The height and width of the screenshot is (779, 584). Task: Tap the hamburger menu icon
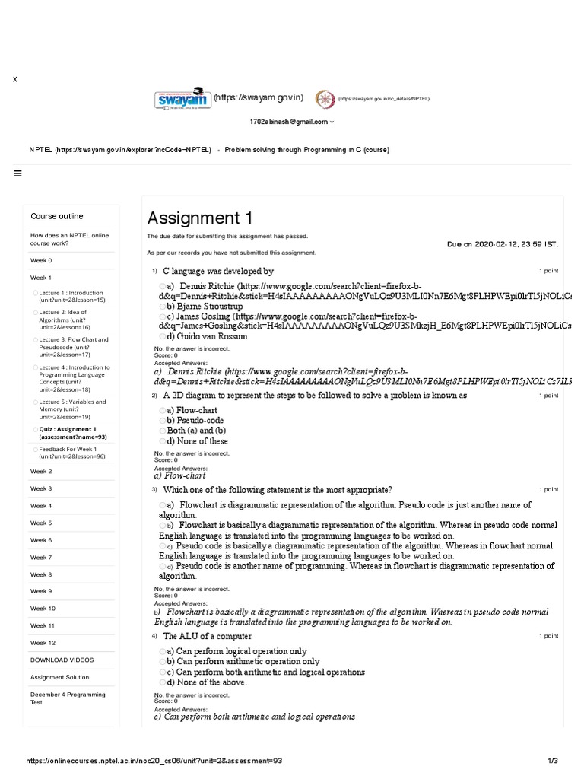coord(17,173)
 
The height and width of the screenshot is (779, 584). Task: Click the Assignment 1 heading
coord(200,218)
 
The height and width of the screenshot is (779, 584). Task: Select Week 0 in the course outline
coord(41,260)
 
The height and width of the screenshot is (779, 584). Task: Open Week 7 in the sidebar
coord(41,558)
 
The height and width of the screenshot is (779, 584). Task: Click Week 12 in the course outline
coord(43,643)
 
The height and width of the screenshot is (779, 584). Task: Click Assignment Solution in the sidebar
coord(59,677)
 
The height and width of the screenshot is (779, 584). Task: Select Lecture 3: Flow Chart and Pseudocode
coord(74,347)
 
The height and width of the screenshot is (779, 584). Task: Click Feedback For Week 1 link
coord(73,453)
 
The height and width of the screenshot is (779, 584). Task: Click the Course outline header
coord(57,216)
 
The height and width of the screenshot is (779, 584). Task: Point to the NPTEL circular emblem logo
coord(325,99)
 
